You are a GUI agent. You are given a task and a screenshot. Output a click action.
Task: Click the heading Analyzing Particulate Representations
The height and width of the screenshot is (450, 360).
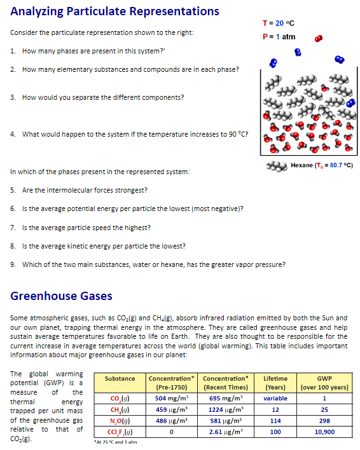click(115, 11)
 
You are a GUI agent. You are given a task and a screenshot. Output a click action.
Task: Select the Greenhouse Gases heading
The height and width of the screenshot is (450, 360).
click(62, 296)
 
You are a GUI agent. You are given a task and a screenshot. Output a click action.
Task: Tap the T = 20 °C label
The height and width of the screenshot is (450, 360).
click(279, 24)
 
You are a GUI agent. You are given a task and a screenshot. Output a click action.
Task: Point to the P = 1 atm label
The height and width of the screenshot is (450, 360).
click(279, 36)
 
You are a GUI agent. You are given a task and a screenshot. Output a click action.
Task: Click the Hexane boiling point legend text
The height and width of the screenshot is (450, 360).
click(321, 165)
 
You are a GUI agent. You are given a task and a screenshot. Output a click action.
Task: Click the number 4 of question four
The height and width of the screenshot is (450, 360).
click(13, 134)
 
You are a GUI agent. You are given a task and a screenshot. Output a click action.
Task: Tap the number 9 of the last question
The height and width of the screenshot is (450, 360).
click(13, 264)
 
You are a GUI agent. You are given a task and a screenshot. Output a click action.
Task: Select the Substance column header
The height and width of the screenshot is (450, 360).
click(120, 379)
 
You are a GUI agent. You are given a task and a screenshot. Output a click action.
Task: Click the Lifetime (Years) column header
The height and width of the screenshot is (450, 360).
click(276, 383)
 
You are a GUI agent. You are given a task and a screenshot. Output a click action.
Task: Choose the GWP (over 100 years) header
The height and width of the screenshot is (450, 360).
click(324, 383)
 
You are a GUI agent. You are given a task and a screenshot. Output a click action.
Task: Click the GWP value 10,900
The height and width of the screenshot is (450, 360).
click(324, 432)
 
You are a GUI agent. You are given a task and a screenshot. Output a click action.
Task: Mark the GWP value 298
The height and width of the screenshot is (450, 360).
click(324, 420)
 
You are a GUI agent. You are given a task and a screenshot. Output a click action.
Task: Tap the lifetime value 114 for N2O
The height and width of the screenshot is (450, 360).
click(276, 420)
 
